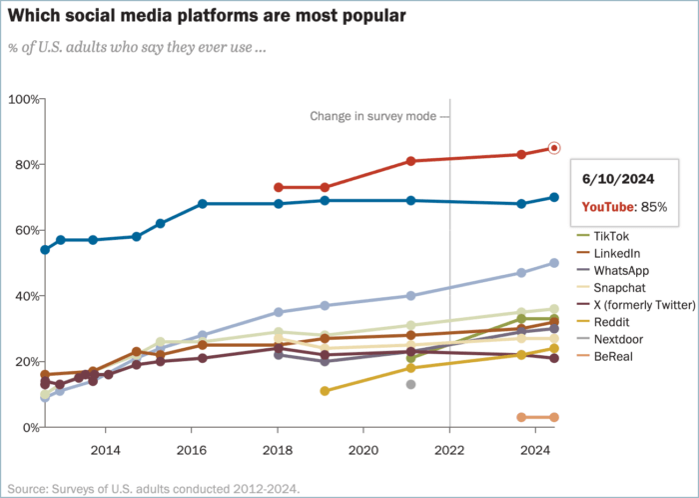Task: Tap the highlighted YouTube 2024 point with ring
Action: click(555, 149)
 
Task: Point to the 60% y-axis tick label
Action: click(25, 230)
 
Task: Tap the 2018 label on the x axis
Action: click(278, 450)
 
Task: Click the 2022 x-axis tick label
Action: click(449, 450)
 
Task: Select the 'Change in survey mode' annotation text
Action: click(370, 116)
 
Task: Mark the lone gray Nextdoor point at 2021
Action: click(410, 384)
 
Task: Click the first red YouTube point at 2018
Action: click(279, 187)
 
